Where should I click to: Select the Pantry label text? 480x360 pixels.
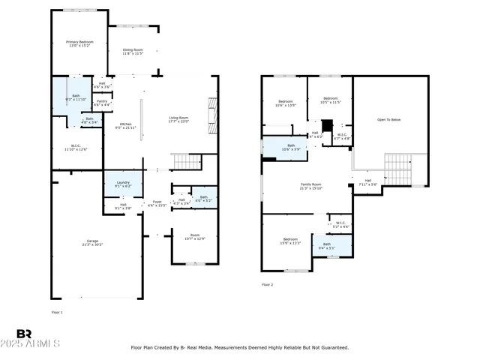click(102, 102)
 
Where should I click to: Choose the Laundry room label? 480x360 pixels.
click(123, 184)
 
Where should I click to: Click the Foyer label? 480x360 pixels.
click(157, 202)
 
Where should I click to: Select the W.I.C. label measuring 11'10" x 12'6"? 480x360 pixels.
click(77, 147)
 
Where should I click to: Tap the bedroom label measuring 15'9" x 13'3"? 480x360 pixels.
click(291, 240)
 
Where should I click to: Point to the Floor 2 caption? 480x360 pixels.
click(268, 285)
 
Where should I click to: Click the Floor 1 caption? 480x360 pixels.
click(57, 311)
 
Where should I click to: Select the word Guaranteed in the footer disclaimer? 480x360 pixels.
click(334, 347)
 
